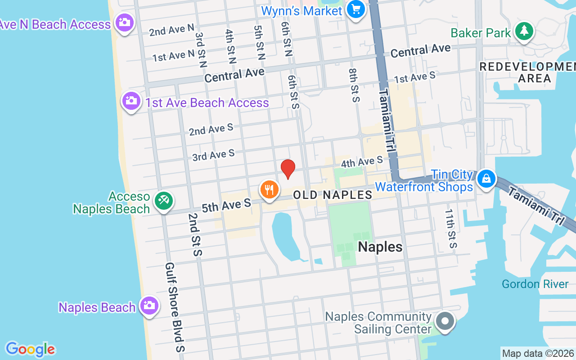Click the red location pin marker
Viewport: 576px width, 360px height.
click(288, 169)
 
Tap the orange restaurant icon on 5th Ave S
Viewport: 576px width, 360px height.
click(269, 189)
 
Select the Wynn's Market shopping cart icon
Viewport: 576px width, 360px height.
click(356, 9)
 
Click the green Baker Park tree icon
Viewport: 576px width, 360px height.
click(524, 31)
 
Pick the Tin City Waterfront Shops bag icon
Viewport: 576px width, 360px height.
click(486, 179)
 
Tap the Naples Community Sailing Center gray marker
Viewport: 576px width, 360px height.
click(445, 322)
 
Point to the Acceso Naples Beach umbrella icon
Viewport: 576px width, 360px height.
click(163, 200)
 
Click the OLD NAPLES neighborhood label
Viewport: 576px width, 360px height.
click(333, 195)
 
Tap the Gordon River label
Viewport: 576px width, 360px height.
click(535, 284)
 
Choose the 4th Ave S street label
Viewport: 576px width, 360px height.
click(362, 161)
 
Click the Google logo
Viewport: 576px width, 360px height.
click(30, 349)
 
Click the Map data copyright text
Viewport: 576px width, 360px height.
click(538, 354)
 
